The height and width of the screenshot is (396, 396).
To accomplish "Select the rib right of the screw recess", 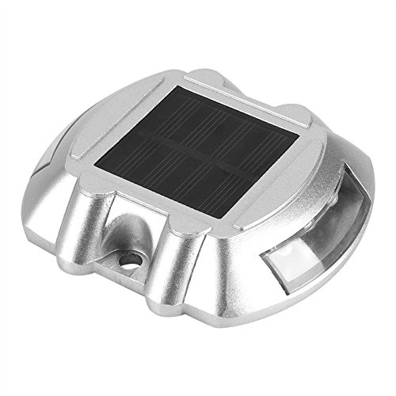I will tap(181, 249).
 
